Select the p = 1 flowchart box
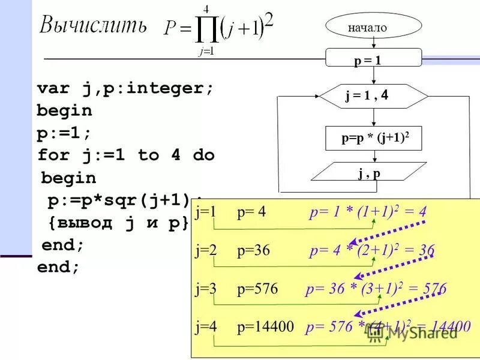click(367, 59)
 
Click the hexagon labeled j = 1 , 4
click(373, 96)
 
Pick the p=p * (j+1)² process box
click(374, 139)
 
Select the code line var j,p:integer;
click(125, 89)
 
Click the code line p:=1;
click(64, 133)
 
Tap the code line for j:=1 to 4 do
click(125, 155)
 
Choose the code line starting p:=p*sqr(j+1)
click(120, 200)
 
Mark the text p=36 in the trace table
click(254, 250)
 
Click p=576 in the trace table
click(257, 289)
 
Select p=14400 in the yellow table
click(265, 327)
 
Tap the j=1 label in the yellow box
click(206, 212)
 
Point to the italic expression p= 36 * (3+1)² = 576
click(376, 289)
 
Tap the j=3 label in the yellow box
click(206, 289)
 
